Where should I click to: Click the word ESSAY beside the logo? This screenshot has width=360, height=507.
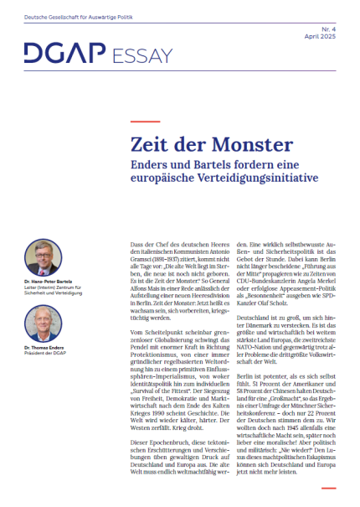136,54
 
